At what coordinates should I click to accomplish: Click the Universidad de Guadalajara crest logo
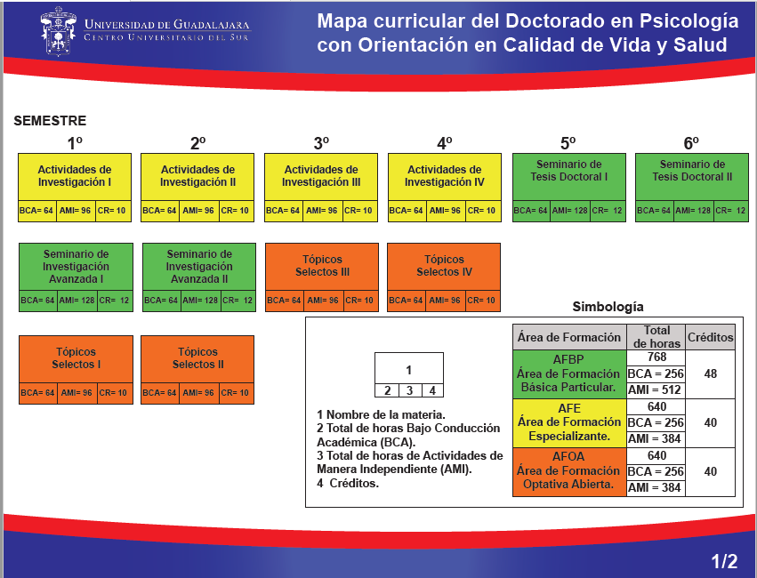tap(60, 32)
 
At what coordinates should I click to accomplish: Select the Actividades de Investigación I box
tap(75, 176)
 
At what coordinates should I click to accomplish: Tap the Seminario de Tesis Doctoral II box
tap(691, 176)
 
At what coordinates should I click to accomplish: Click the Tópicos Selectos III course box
tap(321, 266)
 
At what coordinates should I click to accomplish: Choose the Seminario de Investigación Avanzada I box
tap(76, 266)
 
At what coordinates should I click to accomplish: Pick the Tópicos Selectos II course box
tap(197, 358)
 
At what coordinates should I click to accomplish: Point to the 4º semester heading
tap(445, 142)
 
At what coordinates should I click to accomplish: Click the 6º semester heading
tap(691, 142)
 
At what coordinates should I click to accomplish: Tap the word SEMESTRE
tap(50, 121)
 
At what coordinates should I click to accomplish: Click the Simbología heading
tap(608, 307)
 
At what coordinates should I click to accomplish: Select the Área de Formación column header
tap(569, 337)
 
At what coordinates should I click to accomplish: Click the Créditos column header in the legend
tap(711, 337)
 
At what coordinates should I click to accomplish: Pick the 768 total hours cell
tap(656, 357)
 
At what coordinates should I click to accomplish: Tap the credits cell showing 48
tap(711, 373)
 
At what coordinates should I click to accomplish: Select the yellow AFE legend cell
tap(569, 422)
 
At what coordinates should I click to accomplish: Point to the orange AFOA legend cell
tap(569, 471)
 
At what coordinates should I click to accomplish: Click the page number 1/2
tap(724, 561)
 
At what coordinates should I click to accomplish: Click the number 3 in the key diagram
tap(408, 390)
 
